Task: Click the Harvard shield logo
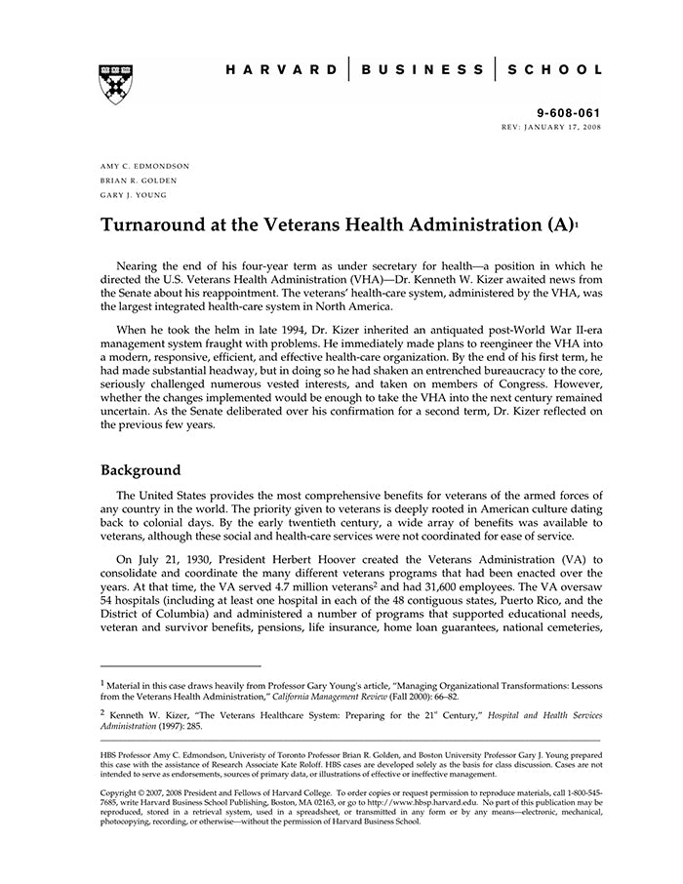pos(116,84)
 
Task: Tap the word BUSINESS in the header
pos(422,70)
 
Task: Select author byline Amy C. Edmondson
pos(145,166)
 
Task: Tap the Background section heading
pos(141,469)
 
